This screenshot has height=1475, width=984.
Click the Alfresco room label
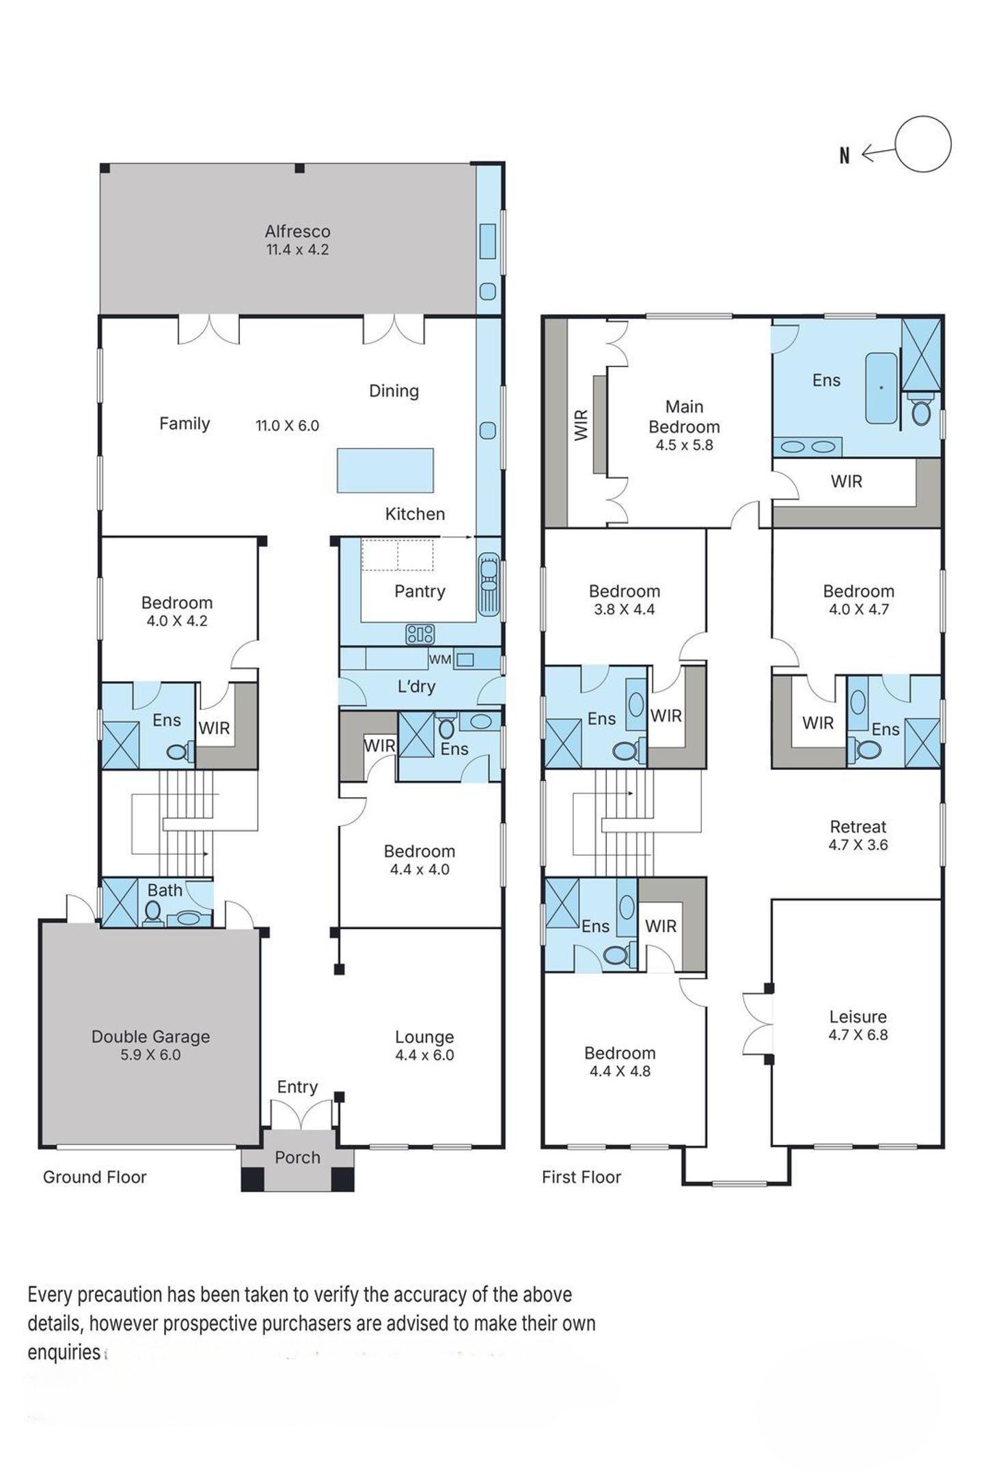pos(297,231)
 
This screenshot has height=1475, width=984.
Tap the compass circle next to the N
pos(922,144)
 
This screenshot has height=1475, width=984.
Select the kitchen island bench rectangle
pos(385,469)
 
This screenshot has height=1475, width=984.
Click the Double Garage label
pos(150,1036)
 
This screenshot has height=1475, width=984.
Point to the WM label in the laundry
pos(440,659)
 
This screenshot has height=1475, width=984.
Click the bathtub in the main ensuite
pos(881,389)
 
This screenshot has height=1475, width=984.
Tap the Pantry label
pos(420,591)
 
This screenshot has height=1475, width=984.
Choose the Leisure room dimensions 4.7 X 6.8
pos(858,1034)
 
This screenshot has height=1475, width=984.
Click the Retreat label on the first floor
pos(858,827)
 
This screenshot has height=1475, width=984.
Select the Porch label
pos(297,1157)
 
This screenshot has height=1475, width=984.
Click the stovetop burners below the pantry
pos(420,635)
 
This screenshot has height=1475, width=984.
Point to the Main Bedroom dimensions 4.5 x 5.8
pos(684,445)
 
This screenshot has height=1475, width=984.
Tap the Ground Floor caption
pos(95,1177)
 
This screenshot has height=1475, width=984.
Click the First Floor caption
pos(582,1177)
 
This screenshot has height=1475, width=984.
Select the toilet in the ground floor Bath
pos(153,911)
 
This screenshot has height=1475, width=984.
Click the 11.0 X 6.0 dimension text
pos(288,426)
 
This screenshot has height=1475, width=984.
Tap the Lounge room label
pos(424,1037)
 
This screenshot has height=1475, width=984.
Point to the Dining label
pos(394,391)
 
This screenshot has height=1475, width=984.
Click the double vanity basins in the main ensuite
pos(808,447)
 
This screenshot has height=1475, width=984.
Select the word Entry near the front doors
pos(297,1087)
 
